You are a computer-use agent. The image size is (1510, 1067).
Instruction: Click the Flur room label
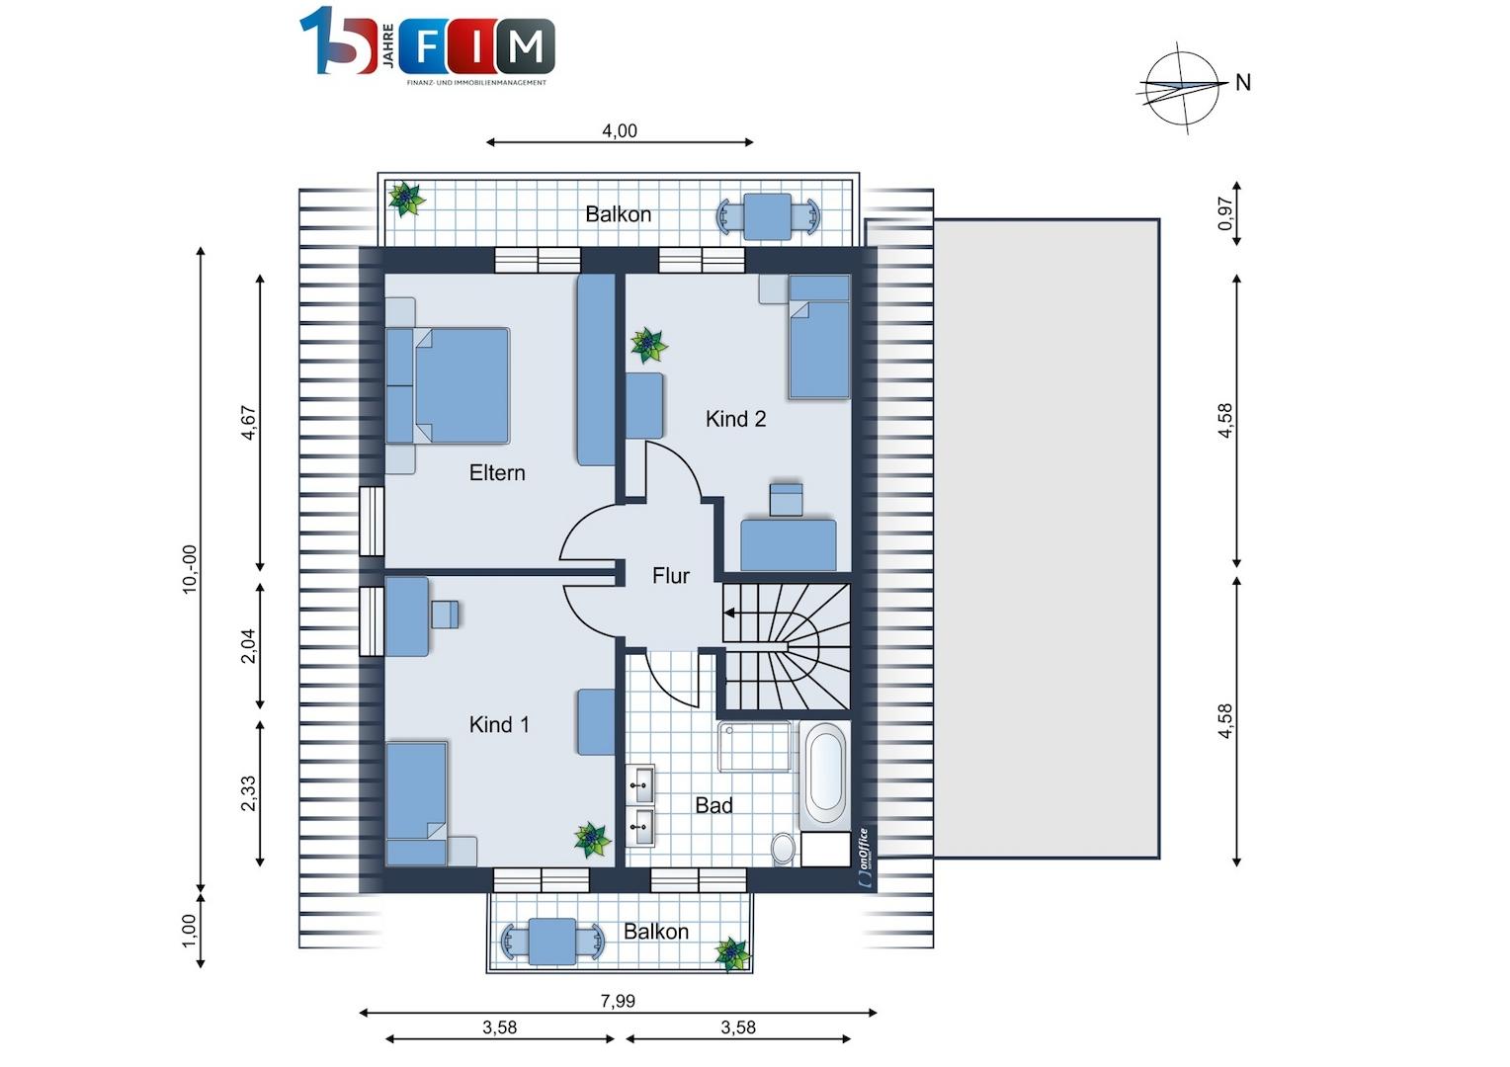[671, 576]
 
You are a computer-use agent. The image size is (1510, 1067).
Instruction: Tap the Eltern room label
[497, 472]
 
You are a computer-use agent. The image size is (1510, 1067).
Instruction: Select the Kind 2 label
[735, 419]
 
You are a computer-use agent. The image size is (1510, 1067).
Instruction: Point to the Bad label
[713, 805]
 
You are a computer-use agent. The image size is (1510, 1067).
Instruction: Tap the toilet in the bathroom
[784, 848]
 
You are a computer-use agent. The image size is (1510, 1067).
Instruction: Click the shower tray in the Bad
[754, 746]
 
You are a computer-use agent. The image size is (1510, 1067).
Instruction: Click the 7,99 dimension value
[618, 1001]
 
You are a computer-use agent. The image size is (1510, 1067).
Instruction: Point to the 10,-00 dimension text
[190, 569]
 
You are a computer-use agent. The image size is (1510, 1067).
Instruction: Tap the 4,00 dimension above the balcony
[619, 130]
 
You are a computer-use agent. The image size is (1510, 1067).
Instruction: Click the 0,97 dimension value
[1225, 213]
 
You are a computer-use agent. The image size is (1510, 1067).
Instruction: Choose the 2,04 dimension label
[249, 646]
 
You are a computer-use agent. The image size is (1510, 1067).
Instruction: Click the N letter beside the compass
[1243, 83]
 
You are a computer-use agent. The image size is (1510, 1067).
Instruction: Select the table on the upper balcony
[768, 216]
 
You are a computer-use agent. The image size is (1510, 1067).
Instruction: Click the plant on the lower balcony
[732, 954]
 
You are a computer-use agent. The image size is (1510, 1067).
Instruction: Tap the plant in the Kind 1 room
[592, 839]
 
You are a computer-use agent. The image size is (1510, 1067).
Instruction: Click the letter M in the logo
[526, 45]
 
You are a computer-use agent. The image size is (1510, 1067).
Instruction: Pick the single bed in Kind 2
[819, 336]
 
